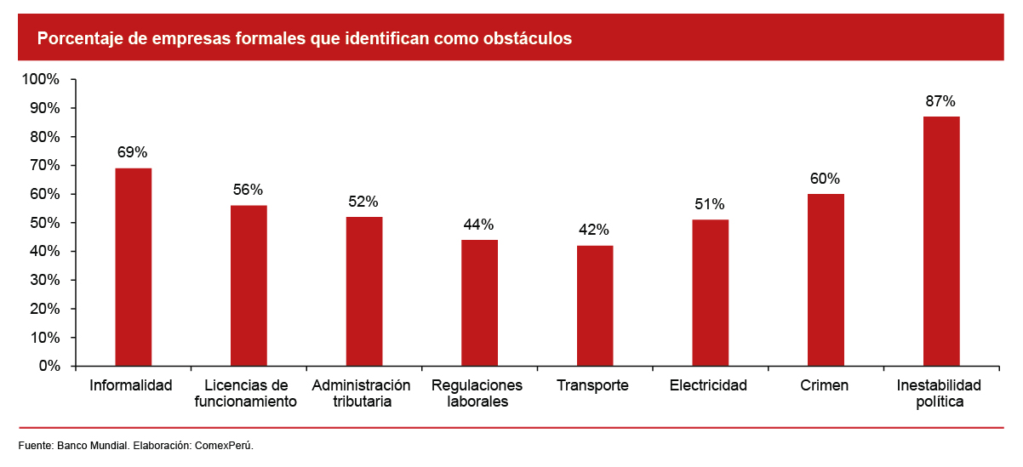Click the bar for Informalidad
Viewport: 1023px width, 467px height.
coord(133,267)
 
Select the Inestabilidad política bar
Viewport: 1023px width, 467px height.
coord(941,242)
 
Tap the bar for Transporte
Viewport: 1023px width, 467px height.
coord(595,306)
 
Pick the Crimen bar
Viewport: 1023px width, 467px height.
coord(826,280)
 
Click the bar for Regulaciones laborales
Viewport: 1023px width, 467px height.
coord(479,303)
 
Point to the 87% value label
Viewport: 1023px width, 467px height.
coord(941,101)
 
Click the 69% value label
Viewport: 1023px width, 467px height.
coord(133,153)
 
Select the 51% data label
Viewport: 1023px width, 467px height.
coord(710,204)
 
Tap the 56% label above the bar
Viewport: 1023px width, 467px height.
coord(249,190)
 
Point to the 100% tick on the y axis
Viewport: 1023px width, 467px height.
coord(40,79)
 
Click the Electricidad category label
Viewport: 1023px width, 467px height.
coord(708,385)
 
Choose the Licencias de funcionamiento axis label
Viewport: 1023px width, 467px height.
coord(246,393)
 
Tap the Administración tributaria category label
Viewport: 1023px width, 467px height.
coord(362,393)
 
